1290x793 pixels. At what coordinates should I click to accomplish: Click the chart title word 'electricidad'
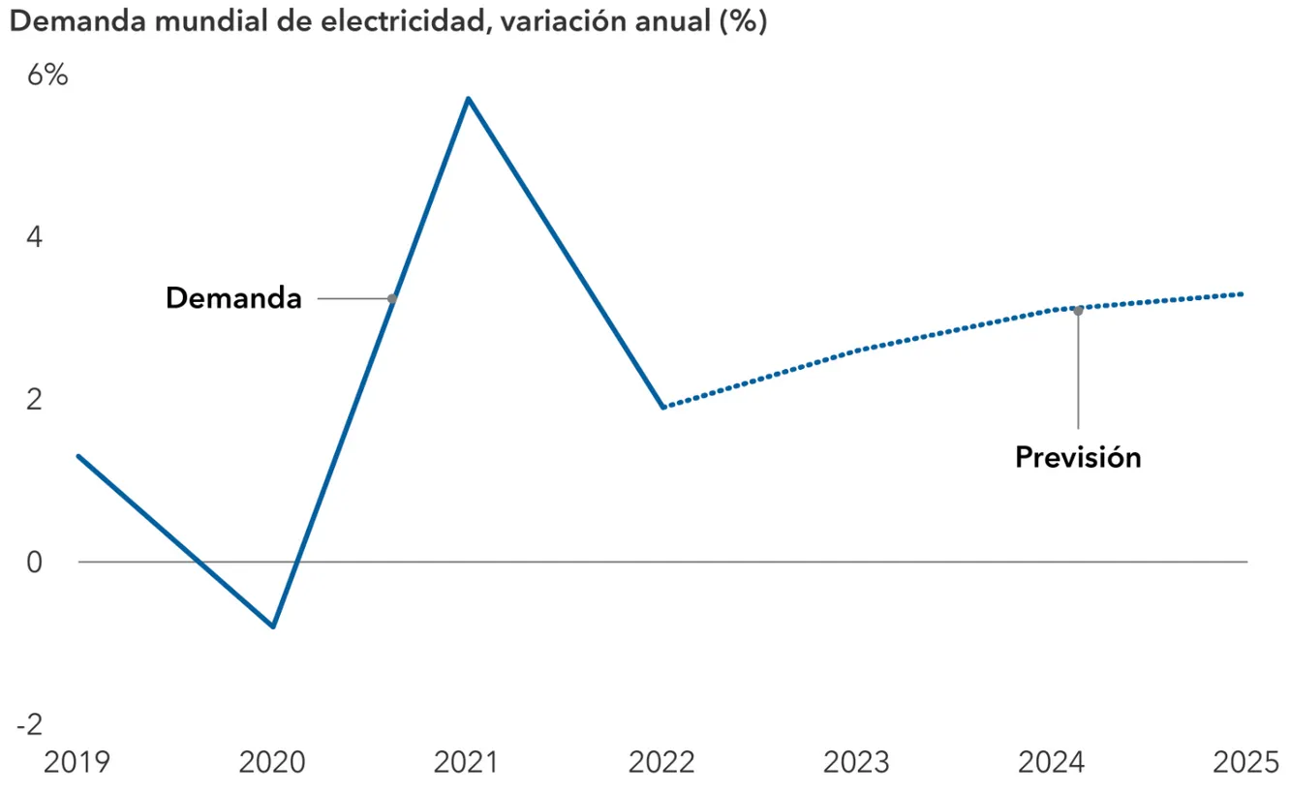(406, 21)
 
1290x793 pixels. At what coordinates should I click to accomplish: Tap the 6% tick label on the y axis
(47, 75)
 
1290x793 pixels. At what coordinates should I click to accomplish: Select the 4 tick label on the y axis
(35, 237)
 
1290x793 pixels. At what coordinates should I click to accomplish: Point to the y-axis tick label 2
(35, 400)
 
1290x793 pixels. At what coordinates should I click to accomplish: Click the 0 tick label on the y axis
(35, 562)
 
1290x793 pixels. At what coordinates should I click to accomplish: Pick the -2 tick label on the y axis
(30, 724)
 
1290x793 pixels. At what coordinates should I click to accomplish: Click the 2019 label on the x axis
(77, 762)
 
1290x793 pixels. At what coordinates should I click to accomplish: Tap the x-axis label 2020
(272, 762)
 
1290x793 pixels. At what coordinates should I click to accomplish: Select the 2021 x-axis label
(467, 762)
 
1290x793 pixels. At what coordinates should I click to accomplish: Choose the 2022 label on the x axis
(661, 762)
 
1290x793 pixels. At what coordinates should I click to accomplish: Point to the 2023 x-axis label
(856, 762)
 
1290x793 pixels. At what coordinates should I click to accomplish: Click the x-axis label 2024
(1052, 762)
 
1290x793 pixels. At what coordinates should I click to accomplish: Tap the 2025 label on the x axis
(1246, 762)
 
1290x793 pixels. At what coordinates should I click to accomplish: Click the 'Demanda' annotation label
(233, 298)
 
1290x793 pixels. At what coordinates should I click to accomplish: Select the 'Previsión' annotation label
(1078, 458)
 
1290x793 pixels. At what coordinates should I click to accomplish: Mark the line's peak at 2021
(468, 99)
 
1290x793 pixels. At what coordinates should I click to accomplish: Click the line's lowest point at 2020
(273, 626)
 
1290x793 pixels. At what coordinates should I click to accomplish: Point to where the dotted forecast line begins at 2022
(663, 407)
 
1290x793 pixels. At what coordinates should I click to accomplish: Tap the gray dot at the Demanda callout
(392, 298)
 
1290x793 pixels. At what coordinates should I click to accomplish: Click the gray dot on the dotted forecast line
(1078, 311)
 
